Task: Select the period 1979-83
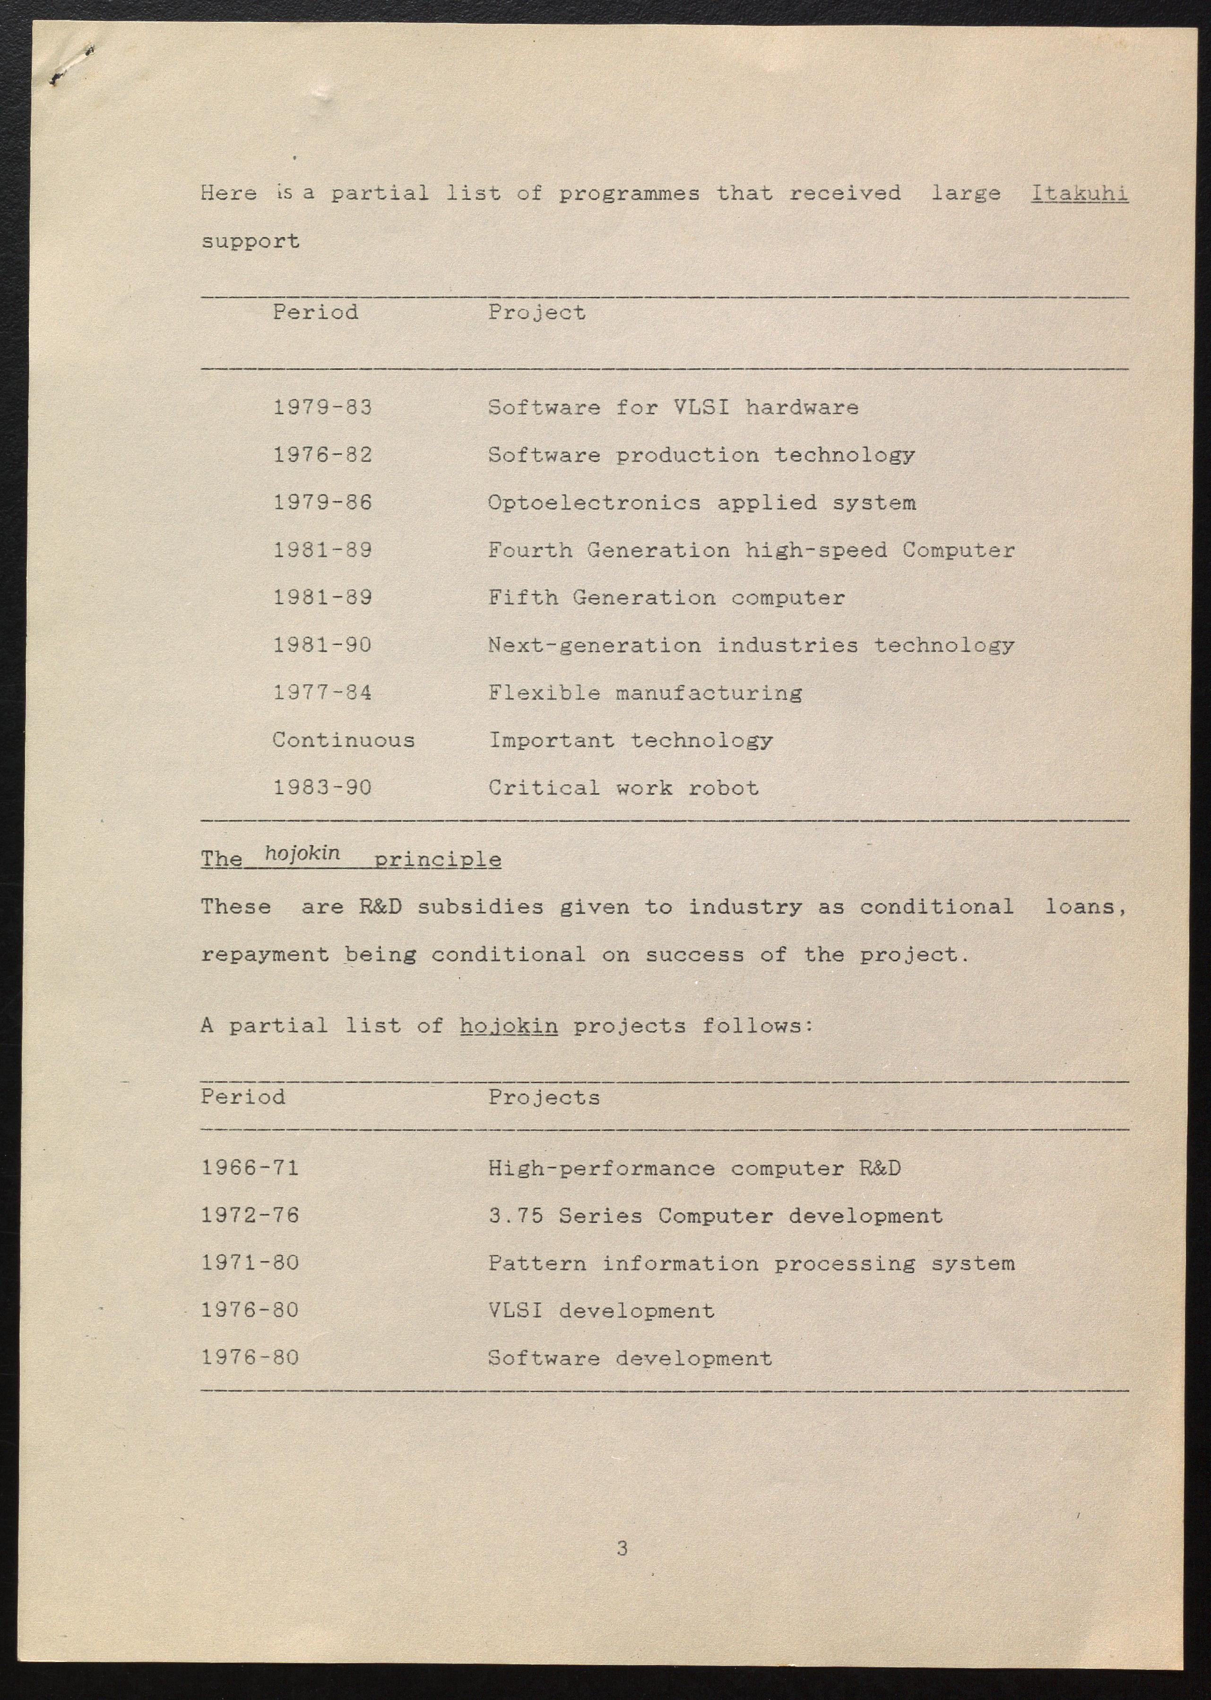(x=322, y=407)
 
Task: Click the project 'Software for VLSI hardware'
(x=673, y=407)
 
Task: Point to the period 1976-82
(x=322, y=455)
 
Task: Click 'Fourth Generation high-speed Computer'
(x=751, y=550)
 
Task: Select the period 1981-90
(x=322, y=645)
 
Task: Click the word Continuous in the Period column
(x=343, y=740)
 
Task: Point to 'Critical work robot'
(x=623, y=788)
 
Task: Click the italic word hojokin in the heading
(x=302, y=853)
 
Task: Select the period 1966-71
(x=250, y=1168)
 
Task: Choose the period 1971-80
(x=250, y=1263)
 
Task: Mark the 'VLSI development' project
(x=601, y=1311)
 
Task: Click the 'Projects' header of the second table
(x=544, y=1098)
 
